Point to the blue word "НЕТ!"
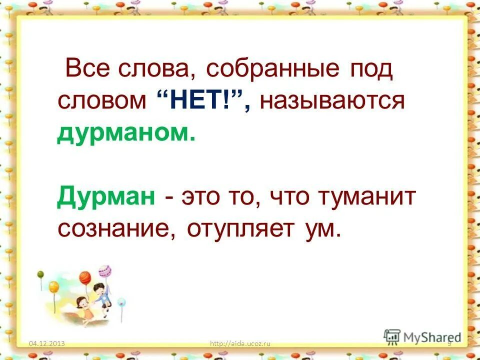coord(197,101)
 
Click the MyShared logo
coord(422,336)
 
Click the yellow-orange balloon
coord(53,287)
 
